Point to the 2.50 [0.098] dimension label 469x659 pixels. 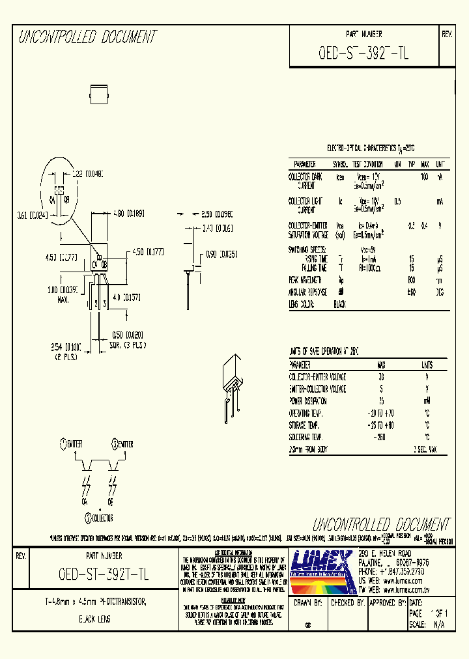coord(216,213)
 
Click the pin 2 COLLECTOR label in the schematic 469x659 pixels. coord(98,518)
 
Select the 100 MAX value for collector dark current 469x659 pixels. coord(425,176)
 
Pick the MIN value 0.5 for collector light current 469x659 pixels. coord(397,201)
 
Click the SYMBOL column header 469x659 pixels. coord(341,164)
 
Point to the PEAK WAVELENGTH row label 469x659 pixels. coord(307,280)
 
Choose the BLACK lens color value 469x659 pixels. coord(339,304)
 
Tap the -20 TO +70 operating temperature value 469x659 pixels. coord(382,413)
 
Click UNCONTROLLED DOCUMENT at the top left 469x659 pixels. coord(87,38)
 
